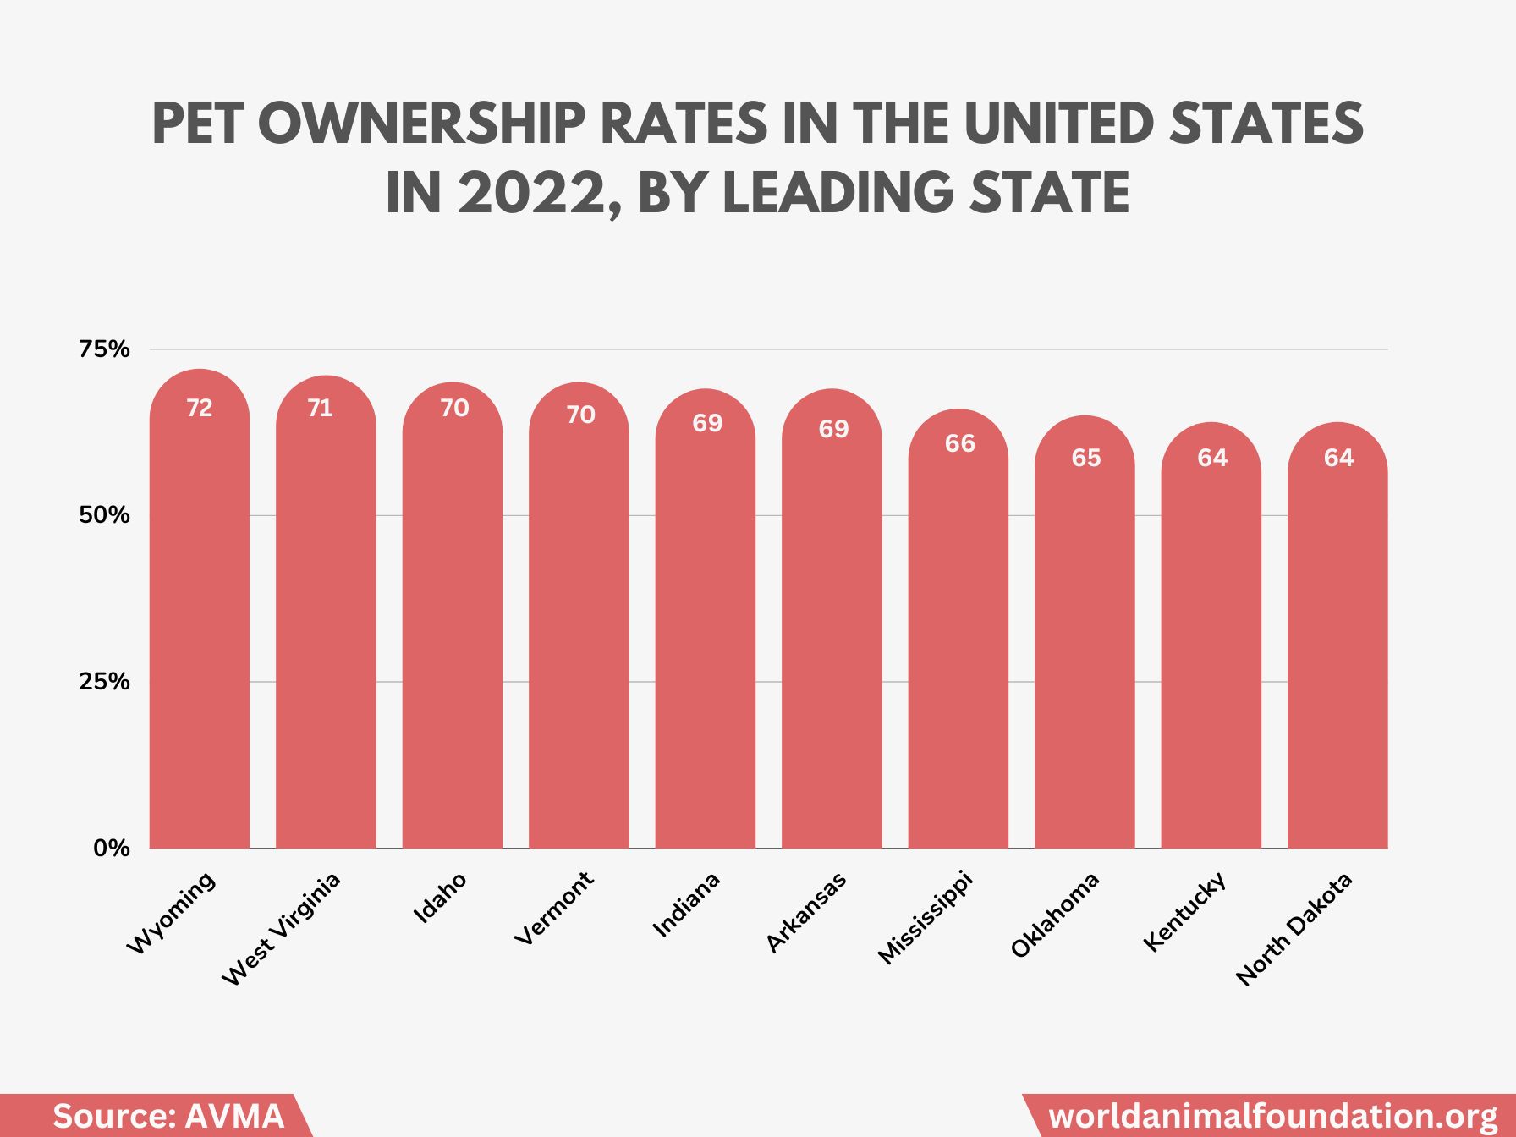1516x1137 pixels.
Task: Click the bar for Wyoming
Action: click(200, 626)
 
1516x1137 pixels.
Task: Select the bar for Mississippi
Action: click(958, 643)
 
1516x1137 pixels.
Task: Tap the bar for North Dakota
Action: click(1337, 651)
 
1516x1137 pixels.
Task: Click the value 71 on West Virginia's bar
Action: click(320, 408)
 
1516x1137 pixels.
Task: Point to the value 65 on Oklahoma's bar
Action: click(1085, 458)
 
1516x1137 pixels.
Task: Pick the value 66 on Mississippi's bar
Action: click(959, 443)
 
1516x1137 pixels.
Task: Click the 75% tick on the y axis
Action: click(104, 349)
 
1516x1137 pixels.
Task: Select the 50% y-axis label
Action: click(104, 515)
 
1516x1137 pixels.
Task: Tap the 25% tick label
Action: click(104, 682)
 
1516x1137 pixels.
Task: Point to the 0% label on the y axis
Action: click(111, 848)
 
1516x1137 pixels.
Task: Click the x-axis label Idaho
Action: click(440, 898)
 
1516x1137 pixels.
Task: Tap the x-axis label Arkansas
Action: click(806, 912)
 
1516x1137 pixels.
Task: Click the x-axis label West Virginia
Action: click(282, 928)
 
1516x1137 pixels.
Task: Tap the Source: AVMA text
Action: click(168, 1116)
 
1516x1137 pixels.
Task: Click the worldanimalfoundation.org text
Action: click(1272, 1116)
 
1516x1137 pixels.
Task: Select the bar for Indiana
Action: click(706, 634)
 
